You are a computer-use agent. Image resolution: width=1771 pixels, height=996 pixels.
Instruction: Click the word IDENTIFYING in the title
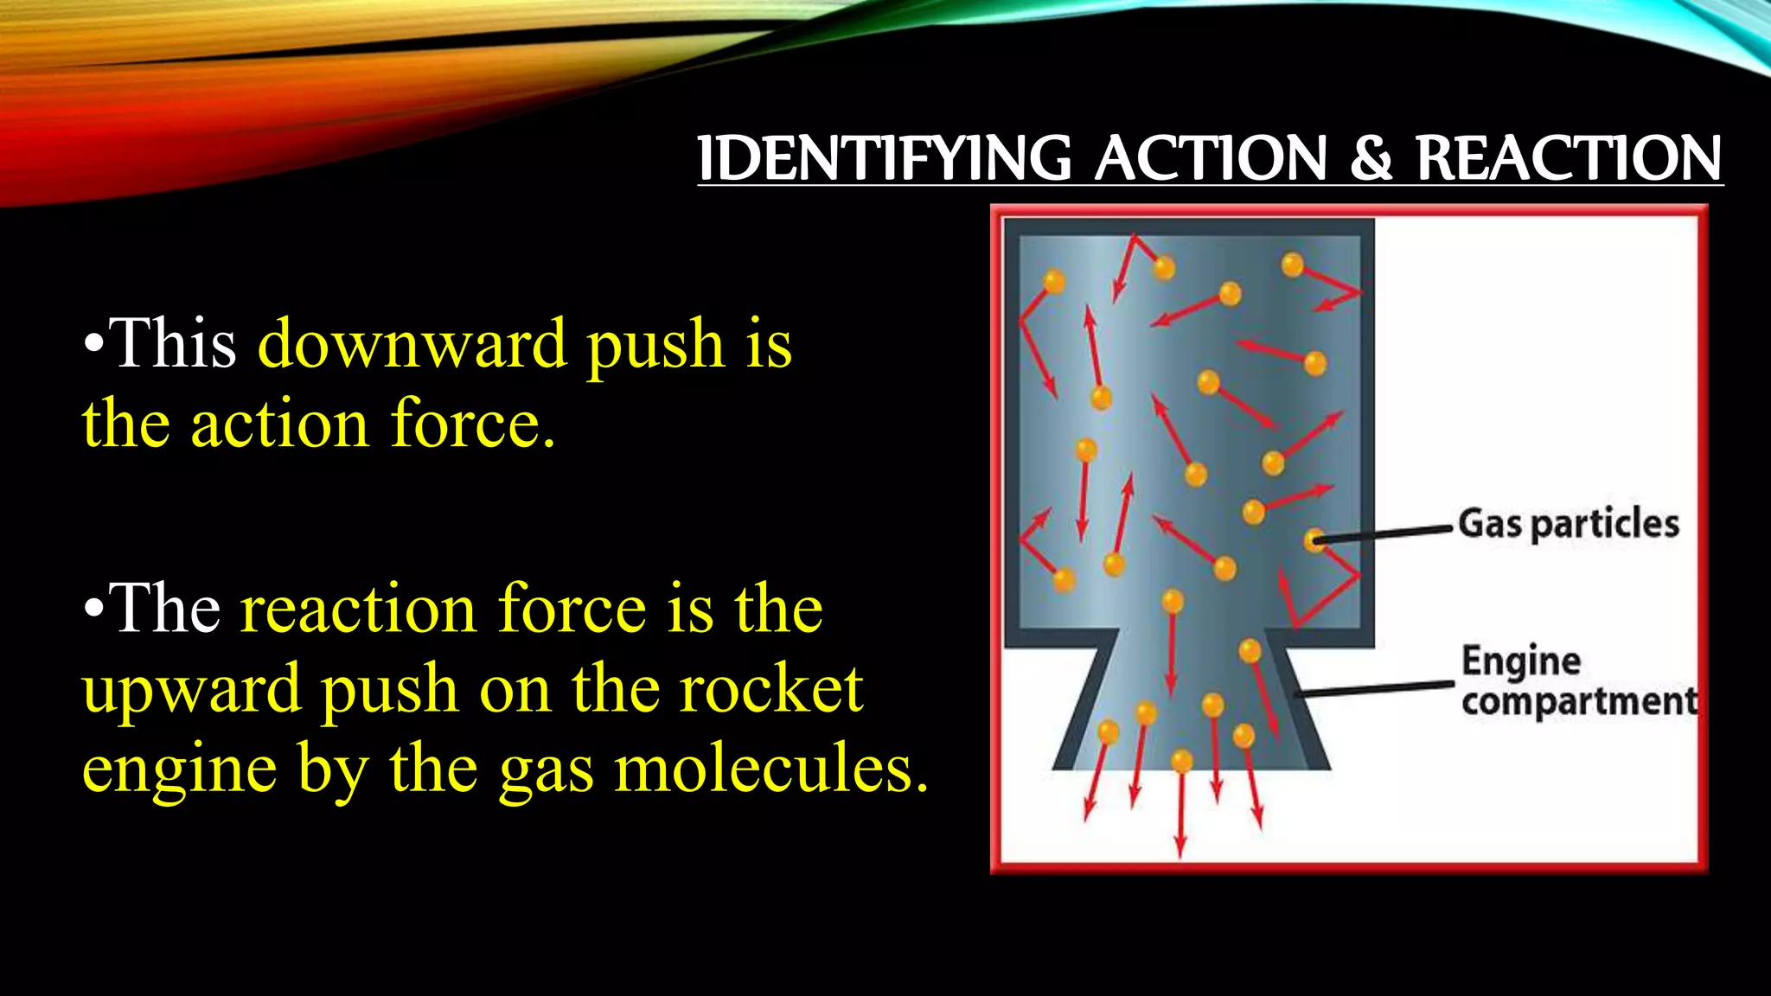point(884,159)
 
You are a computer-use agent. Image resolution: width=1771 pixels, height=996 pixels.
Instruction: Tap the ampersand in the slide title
point(1371,159)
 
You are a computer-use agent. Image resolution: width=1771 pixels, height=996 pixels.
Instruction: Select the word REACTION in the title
point(1568,159)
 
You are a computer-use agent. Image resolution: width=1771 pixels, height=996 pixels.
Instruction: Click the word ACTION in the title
point(1211,159)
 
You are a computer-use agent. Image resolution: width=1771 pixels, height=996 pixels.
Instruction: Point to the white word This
point(173,344)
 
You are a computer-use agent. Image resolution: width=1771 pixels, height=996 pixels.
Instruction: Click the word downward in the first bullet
point(412,344)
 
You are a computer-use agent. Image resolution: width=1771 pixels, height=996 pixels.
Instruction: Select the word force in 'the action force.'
point(472,425)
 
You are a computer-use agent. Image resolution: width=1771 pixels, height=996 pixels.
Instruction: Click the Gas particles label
point(1568,524)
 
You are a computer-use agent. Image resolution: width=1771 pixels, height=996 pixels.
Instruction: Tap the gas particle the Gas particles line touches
point(1314,541)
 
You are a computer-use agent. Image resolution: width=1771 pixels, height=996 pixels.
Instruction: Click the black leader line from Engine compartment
point(1375,689)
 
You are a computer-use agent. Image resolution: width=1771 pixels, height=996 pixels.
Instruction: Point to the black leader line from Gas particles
point(1384,533)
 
